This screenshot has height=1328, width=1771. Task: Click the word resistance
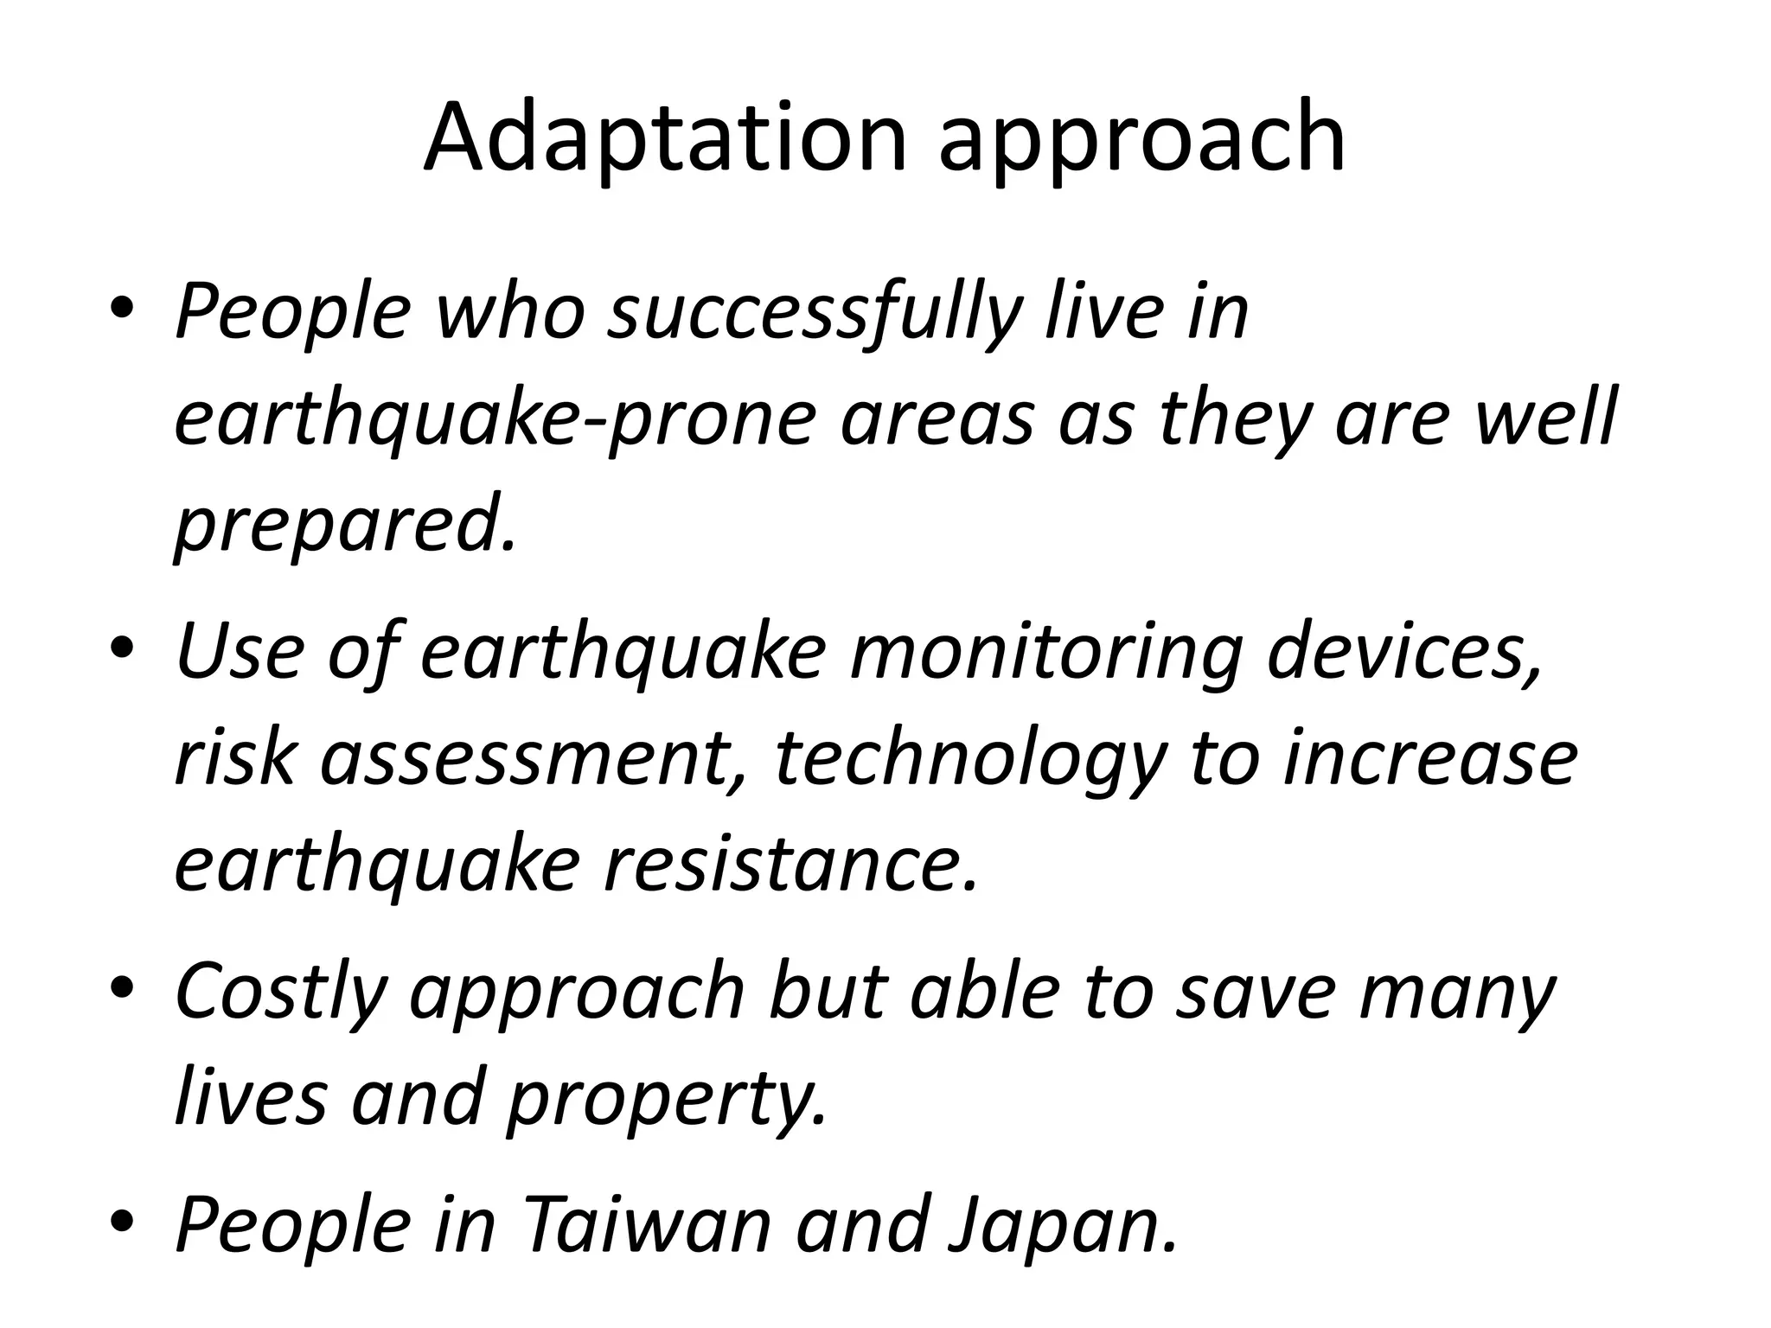(x=792, y=865)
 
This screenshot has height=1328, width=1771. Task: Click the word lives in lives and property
(x=252, y=1098)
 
